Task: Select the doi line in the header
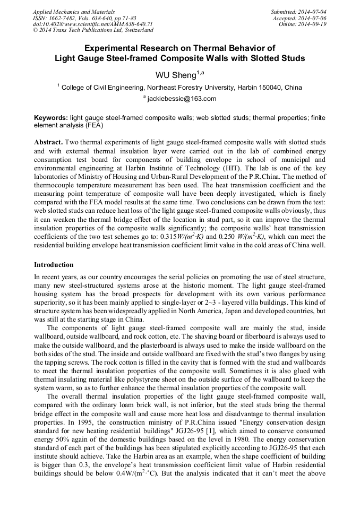(x=93, y=24)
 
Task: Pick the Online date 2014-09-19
(x=313, y=24)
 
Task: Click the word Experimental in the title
(x=115, y=48)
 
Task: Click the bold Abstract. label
(x=48, y=143)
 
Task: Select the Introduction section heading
(x=54, y=264)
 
